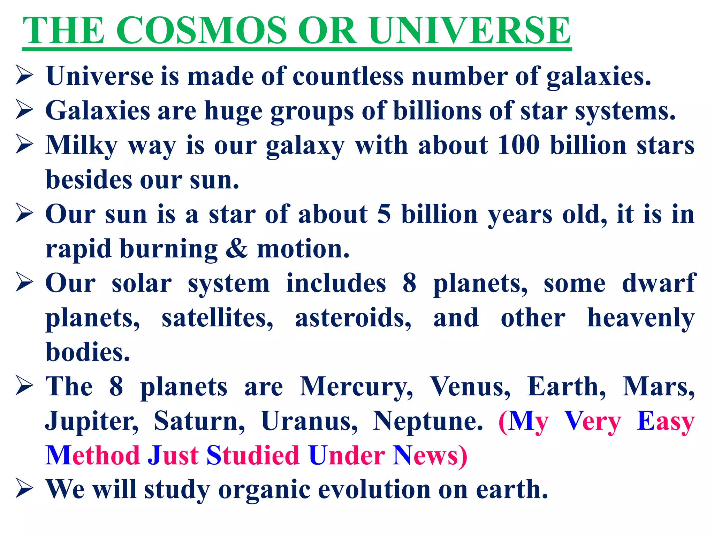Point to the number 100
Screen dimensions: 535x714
pos(518,145)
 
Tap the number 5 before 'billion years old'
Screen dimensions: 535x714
pos(384,214)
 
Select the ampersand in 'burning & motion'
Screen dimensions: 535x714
pos(237,249)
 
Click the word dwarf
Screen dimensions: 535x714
pos(659,283)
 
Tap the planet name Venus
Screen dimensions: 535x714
pos(470,387)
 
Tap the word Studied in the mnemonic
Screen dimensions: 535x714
pos(253,456)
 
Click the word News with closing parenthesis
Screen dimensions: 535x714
pos(430,456)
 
